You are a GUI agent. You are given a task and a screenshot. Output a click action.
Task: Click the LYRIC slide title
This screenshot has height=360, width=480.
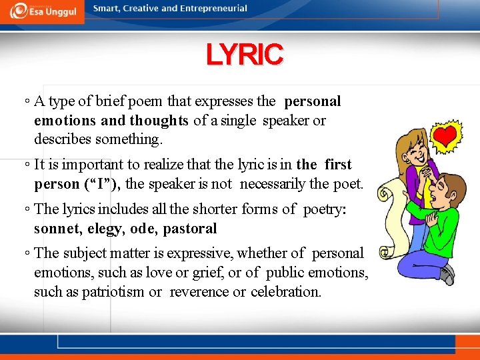click(x=245, y=55)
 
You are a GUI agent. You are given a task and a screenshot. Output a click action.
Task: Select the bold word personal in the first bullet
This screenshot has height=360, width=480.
click(x=312, y=101)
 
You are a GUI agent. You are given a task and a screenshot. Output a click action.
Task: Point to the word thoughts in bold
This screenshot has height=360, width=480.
click(x=159, y=121)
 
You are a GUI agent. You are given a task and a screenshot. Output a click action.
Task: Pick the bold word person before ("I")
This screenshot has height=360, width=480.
click(x=57, y=183)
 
